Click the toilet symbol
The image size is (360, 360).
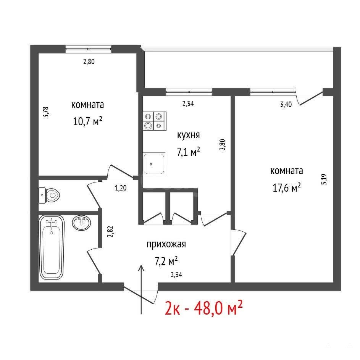(49, 195)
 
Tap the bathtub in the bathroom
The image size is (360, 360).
(52, 247)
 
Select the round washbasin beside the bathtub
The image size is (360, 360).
(81, 223)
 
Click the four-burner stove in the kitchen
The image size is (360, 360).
(155, 121)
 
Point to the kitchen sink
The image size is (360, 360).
(154, 164)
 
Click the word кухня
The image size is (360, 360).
(188, 135)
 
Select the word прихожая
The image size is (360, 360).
(166, 244)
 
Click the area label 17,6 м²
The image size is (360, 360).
(287, 187)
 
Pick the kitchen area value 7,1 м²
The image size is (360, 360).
(188, 152)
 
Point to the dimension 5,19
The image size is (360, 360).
(324, 179)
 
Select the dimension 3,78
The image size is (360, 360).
(46, 112)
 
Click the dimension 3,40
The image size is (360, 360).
(286, 105)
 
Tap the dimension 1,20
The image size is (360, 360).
(121, 188)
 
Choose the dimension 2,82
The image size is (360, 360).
(110, 232)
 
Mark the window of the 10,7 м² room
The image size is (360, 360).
(89, 49)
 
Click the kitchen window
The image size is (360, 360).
(189, 92)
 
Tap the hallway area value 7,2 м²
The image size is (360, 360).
(166, 261)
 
